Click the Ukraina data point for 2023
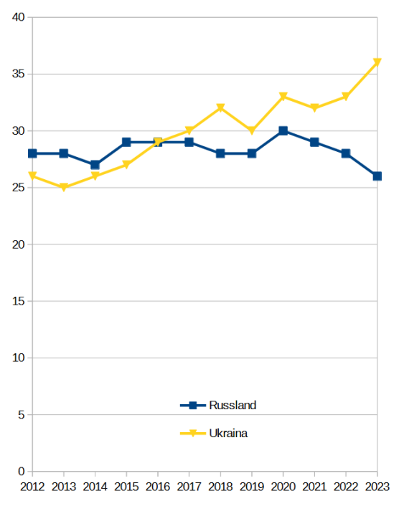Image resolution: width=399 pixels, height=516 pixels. (x=377, y=62)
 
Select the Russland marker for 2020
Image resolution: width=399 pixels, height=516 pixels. (x=283, y=131)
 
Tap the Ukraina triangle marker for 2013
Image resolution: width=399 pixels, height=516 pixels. (x=64, y=188)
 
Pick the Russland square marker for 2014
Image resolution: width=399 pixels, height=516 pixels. (x=95, y=165)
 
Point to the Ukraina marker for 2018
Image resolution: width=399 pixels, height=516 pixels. (x=220, y=108)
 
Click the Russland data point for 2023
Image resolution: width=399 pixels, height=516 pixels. (x=377, y=176)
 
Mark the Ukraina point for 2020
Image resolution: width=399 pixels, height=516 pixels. (x=283, y=97)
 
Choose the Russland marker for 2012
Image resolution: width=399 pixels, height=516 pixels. (x=32, y=153)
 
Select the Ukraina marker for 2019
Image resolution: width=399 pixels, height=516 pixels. (x=252, y=131)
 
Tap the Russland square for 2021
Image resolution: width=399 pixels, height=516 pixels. (x=314, y=142)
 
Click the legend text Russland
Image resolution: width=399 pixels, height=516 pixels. (x=233, y=406)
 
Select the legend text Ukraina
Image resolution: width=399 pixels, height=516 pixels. (x=228, y=434)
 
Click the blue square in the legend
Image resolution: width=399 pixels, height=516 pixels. (x=193, y=406)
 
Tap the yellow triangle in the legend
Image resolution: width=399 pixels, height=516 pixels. (x=193, y=434)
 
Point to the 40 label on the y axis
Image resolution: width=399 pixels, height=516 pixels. (x=19, y=17)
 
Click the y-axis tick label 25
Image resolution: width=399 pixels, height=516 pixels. (x=19, y=188)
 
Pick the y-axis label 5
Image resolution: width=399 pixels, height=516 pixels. (x=22, y=415)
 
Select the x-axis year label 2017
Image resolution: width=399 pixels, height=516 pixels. (x=189, y=487)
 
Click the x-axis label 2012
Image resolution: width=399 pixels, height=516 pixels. (x=32, y=487)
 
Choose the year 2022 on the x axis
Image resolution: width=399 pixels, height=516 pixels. (x=345, y=487)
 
